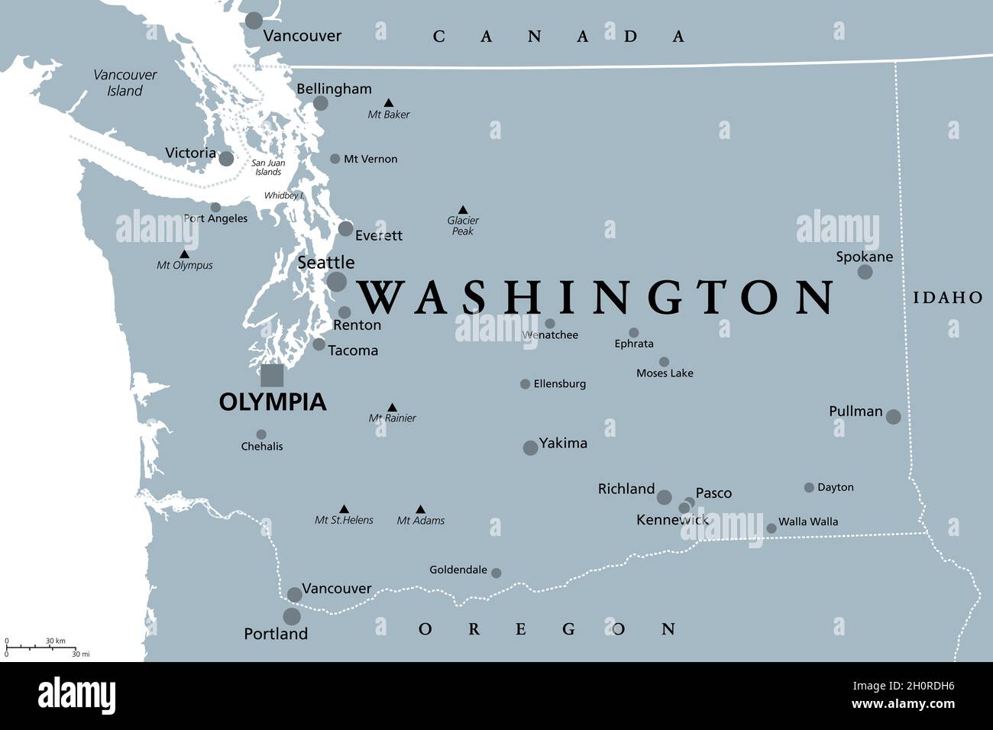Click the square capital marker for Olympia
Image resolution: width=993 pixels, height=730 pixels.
tap(271, 376)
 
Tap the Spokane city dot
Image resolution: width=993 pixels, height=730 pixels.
tap(865, 272)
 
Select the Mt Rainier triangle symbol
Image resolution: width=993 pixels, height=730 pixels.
tap(392, 408)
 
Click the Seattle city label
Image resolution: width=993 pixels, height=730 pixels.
tap(325, 263)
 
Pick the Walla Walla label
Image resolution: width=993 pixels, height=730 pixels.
tap(807, 522)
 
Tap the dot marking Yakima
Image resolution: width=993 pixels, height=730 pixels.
tap(530, 447)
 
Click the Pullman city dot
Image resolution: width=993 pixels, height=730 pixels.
tap(893, 417)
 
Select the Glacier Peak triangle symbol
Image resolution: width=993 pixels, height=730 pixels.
tap(462, 209)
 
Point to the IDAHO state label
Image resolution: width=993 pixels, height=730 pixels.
tap(947, 298)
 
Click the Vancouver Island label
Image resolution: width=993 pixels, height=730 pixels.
tap(125, 82)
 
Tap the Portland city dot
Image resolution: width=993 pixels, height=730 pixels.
tap(292, 616)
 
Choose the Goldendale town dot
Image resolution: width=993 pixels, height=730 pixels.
tap(496, 573)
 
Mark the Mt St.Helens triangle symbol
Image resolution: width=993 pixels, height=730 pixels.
tap(344, 509)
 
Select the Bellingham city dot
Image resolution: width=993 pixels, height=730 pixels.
tap(321, 103)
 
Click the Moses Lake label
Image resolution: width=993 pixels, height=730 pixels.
tap(665, 373)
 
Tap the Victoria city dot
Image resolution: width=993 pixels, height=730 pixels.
tap(226, 159)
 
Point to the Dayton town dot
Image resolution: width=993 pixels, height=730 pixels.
tap(809, 487)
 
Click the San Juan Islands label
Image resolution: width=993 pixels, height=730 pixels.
tap(268, 167)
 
